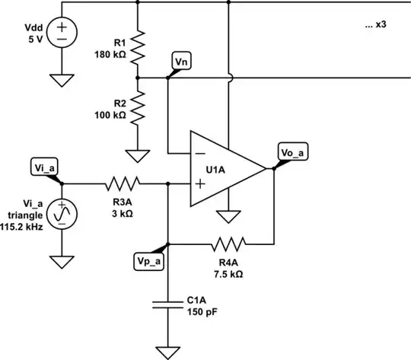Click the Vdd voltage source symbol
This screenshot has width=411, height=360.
tap(61, 31)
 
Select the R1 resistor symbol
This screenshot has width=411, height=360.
tap(138, 48)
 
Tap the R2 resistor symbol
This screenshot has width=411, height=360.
tap(138, 110)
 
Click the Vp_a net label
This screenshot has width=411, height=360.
tap(150, 260)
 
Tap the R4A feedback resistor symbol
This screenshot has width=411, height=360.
tap(229, 244)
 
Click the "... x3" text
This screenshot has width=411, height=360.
tap(377, 25)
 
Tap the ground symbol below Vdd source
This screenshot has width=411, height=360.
tap(61, 78)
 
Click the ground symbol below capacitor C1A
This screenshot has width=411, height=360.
tap(167, 352)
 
